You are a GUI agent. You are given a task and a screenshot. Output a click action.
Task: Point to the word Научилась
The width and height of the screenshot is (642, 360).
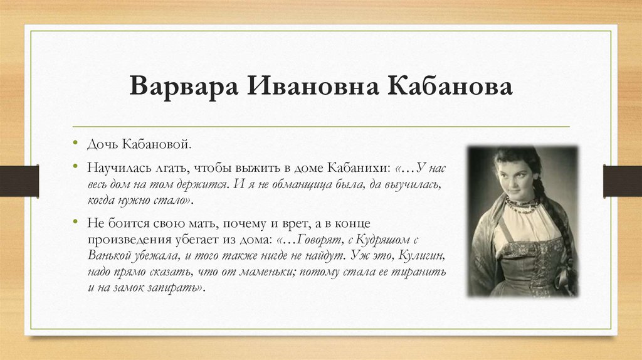(x=115, y=169)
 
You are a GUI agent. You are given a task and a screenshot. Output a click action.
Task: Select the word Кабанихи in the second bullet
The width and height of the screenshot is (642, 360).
(x=363, y=169)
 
